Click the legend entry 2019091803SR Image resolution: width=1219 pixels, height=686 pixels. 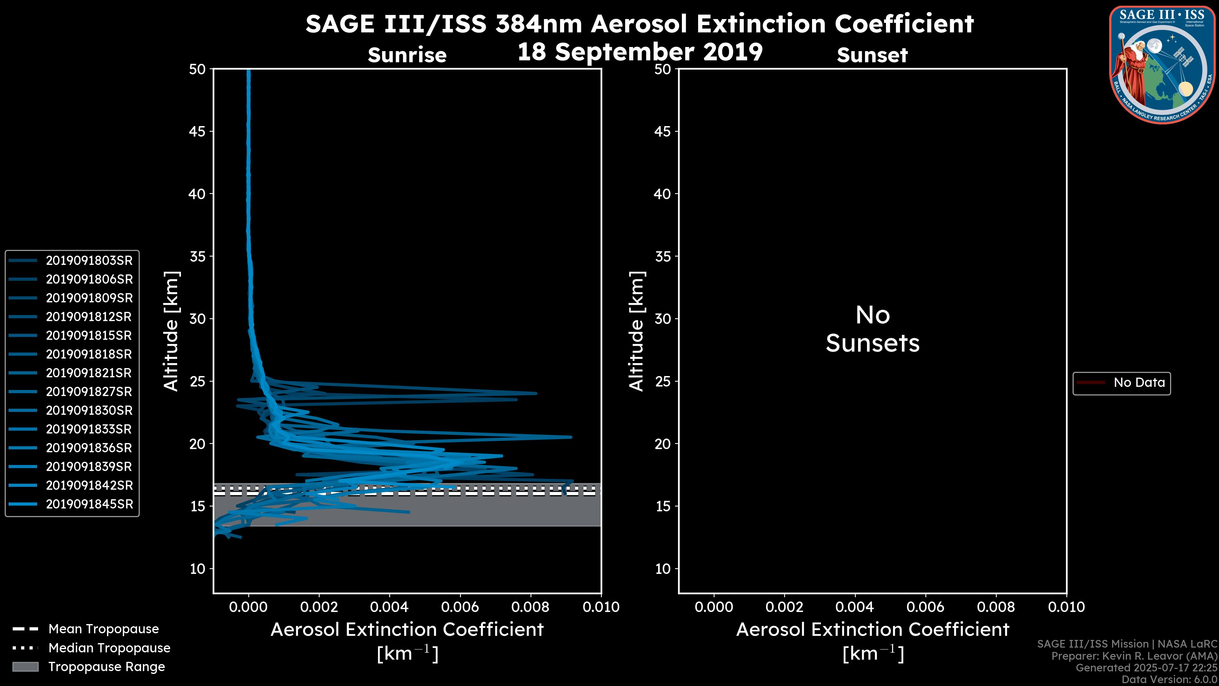tap(89, 260)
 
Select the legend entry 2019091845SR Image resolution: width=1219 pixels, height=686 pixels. tap(89, 504)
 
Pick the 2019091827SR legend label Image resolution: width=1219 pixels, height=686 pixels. tap(89, 392)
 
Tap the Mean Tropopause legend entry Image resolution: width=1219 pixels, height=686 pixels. tap(103, 629)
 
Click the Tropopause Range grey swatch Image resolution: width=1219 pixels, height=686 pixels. tap(25, 667)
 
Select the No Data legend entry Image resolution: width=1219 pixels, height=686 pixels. tap(1139, 382)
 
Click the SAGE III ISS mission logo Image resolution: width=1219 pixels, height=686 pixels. tap(1161, 65)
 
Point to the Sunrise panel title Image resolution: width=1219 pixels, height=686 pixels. tap(407, 55)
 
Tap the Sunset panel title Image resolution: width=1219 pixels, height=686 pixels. tap(872, 55)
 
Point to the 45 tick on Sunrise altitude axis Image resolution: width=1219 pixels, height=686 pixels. tap(197, 131)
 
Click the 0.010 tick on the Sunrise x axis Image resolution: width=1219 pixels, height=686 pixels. tap(601, 607)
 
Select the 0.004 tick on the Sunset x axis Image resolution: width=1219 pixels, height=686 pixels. tap(854, 607)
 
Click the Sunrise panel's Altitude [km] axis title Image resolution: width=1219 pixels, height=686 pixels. tap(171, 331)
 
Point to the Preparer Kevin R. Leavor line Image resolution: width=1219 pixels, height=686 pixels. tap(1134, 656)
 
